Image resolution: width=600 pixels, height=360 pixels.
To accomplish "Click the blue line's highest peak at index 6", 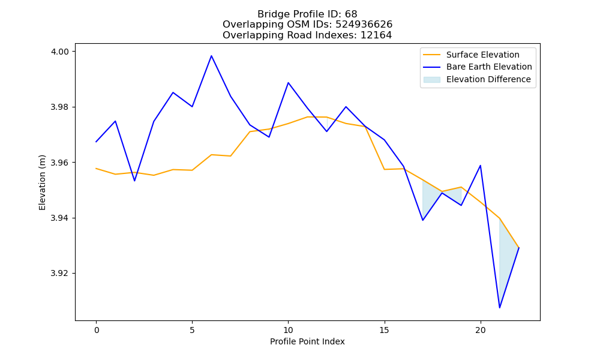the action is [211, 56].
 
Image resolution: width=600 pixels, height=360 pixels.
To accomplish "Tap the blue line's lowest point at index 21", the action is [499, 308].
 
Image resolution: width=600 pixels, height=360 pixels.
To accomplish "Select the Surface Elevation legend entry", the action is [471, 55].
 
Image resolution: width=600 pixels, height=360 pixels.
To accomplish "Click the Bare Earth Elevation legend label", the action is [489, 67].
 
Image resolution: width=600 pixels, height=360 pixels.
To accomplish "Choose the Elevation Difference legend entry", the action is [477, 79].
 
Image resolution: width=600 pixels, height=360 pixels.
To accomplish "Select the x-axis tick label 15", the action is [384, 330].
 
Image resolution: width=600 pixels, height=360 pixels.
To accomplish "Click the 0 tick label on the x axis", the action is [96, 330].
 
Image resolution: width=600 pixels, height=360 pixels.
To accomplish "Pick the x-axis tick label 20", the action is [480, 330].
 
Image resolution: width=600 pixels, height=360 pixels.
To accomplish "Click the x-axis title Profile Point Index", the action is [307, 341].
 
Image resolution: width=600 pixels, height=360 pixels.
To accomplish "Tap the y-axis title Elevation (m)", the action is [42, 182].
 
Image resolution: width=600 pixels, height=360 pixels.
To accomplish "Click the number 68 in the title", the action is [351, 14].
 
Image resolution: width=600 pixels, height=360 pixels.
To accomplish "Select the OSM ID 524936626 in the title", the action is [364, 25].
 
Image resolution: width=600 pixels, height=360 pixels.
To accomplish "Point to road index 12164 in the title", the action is [376, 35].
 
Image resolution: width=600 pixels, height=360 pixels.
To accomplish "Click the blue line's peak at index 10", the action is [288, 83].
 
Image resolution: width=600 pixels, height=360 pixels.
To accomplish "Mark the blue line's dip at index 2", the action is [134, 181].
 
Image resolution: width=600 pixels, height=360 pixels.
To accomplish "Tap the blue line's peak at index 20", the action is [480, 166].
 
